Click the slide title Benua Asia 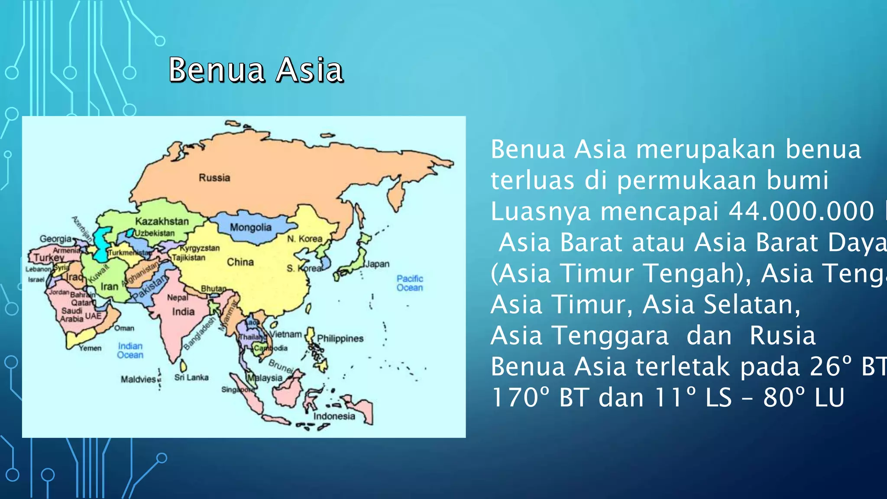click(x=256, y=70)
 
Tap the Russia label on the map click(x=214, y=178)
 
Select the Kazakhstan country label click(x=162, y=221)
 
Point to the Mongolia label click(x=250, y=227)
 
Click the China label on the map click(x=240, y=262)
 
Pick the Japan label click(x=377, y=264)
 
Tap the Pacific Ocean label click(x=410, y=283)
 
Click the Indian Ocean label click(x=130, y=350)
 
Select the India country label click(x=183, y=311)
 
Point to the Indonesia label click(x=334, y=416)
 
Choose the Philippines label click(x=340, y=338)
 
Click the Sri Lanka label click(x=191, y=377)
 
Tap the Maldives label click(x=138, y=379)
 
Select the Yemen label click(x=90, y=348)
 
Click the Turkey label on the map click(x=49, y=258)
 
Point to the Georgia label click(x=55, y=239)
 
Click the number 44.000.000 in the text click(x=801, y=211)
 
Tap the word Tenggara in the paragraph click(x=579, y=336)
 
